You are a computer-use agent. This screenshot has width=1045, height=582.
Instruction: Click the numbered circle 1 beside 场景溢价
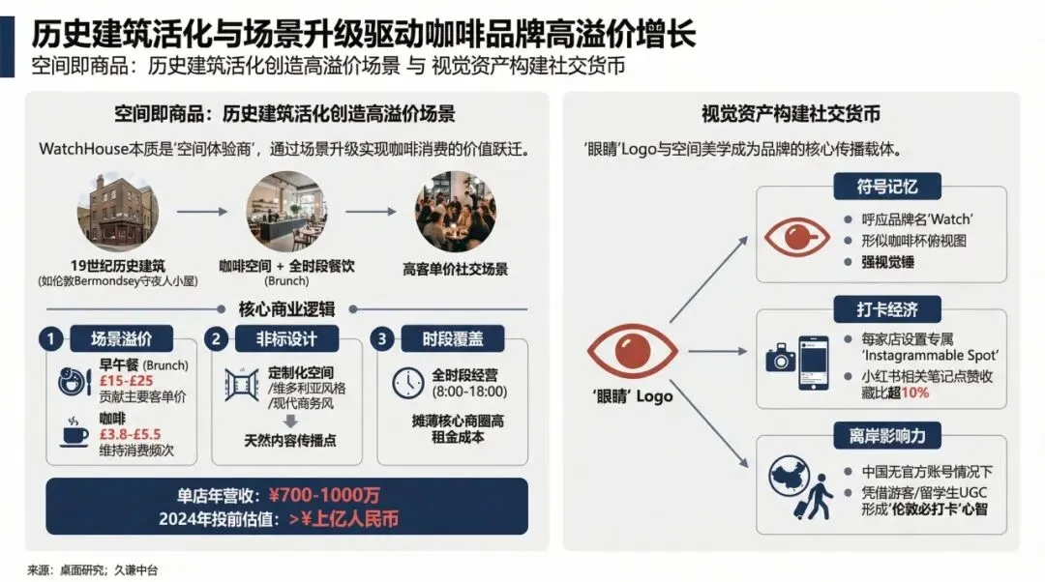[x=52, y=339]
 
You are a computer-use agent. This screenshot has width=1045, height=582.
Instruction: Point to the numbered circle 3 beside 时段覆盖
[x=385, y=339]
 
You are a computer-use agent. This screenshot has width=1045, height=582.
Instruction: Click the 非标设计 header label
[x=285, y=339]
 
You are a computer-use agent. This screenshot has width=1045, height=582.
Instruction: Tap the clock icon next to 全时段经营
[x=409, y=383]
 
